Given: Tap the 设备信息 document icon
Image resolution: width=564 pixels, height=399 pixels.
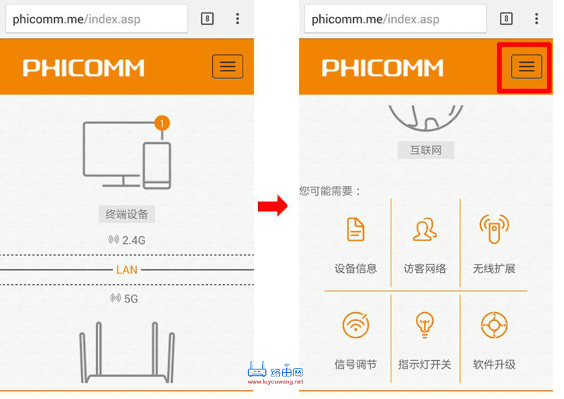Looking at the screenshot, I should (x=356, y=230).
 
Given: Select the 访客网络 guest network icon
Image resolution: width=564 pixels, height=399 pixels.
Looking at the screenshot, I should (x=424, y=230).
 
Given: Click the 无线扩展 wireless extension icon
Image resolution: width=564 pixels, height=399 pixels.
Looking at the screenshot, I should (x=493, y=230).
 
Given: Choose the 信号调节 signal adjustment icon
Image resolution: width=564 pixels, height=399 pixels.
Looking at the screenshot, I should (x=356, y=325).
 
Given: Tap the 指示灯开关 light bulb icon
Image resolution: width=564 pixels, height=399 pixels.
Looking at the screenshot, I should (x=424, y=325).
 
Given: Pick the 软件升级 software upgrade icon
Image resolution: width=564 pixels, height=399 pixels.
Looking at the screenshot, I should (x=493, y=325).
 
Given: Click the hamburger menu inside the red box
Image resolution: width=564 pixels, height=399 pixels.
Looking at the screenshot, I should (x=526, y=67).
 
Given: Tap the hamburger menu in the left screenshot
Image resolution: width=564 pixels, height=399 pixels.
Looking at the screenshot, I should (x=228, y=67).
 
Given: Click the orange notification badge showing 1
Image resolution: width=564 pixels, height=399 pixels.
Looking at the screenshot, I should (x=162, y=123).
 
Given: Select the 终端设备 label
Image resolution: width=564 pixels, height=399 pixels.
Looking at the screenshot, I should (x=127, y=214).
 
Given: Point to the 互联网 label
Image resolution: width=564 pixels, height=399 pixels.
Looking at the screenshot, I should (x=425, y=149).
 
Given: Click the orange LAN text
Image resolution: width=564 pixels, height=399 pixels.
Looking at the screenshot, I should (x=127, y=270).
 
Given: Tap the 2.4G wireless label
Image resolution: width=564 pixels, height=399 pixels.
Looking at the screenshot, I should (x=128, y=240).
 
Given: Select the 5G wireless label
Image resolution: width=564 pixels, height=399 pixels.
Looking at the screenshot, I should (x=125, y=299).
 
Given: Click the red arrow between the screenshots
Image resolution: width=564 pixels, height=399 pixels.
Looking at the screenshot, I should (x=272, y=207).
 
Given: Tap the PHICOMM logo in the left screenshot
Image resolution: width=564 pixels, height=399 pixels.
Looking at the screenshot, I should (x=83, y=68).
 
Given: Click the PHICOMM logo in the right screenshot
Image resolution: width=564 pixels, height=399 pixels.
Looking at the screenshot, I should (x=382, y=68).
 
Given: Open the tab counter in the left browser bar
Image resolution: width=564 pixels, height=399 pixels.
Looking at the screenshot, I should (x=207, y=19).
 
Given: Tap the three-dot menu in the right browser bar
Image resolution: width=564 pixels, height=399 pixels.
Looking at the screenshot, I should (x=537, y=19).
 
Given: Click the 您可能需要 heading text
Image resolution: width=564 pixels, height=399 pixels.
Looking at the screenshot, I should (x=330, y=191).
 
